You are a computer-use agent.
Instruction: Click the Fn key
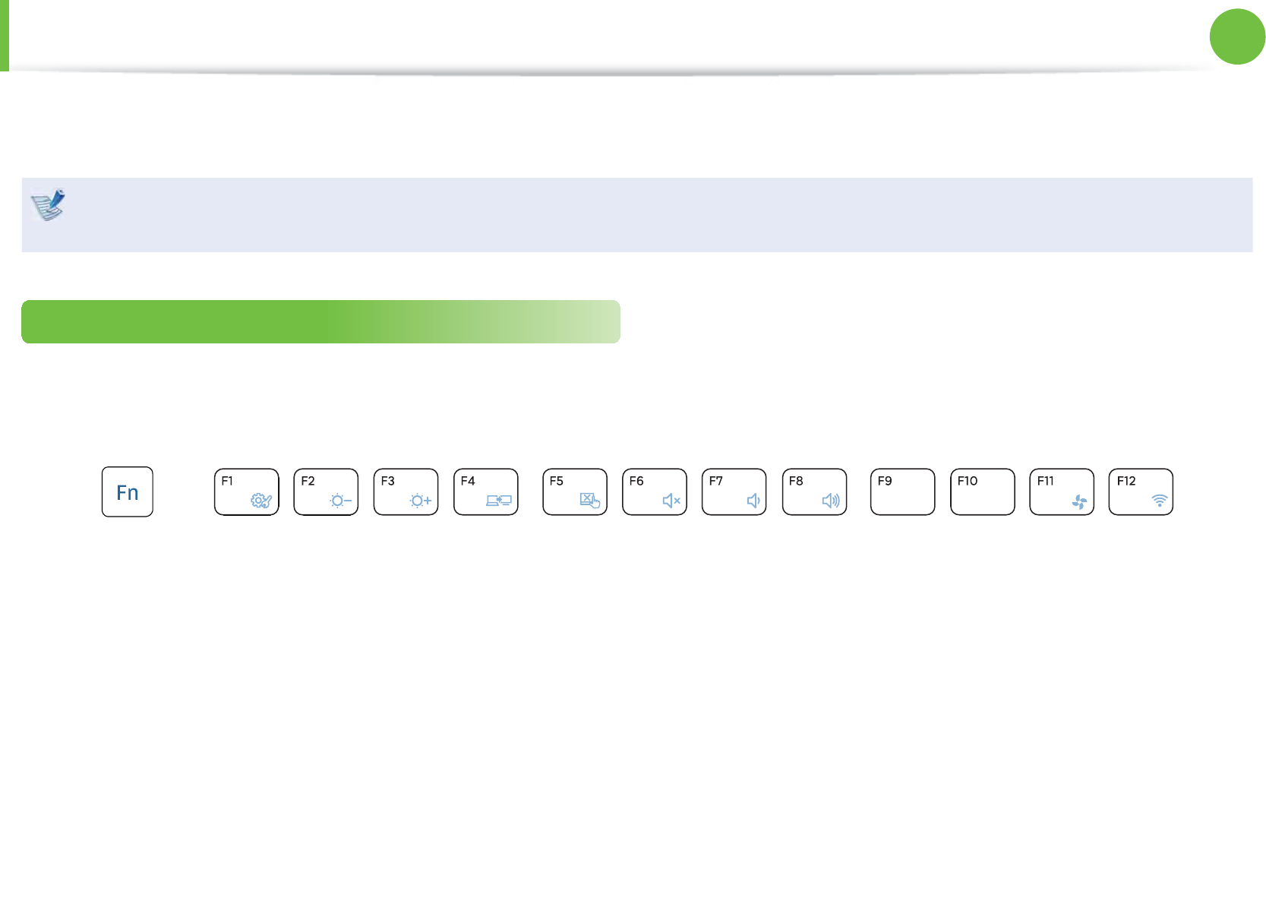pos(128,492)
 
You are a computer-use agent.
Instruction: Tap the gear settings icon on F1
pos(260,501)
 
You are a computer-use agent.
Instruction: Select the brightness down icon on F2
pos(340,501)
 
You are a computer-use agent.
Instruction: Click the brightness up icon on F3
pos(420,501)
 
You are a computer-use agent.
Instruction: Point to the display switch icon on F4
pos(499,501)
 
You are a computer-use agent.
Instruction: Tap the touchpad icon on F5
pos(589,500)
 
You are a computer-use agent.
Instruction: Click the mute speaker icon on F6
pos(671,501)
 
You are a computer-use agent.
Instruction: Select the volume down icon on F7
pos(753,501)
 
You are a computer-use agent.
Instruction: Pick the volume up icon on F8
pos(831,501)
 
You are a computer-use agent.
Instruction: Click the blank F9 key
pos(902,492)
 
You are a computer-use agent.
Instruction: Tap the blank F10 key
pos(982,492)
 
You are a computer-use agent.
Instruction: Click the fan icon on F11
pos(1079,501)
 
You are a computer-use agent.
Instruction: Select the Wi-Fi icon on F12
pos(1160,501)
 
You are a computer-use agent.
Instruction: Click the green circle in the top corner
pos(1237,36)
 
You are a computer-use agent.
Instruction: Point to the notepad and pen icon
pos(48,204)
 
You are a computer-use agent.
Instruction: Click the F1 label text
pos(227,481)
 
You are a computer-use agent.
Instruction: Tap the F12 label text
pos(1126,481)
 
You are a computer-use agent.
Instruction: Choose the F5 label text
pos(557,481)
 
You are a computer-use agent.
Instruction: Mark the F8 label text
pos(796,481)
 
